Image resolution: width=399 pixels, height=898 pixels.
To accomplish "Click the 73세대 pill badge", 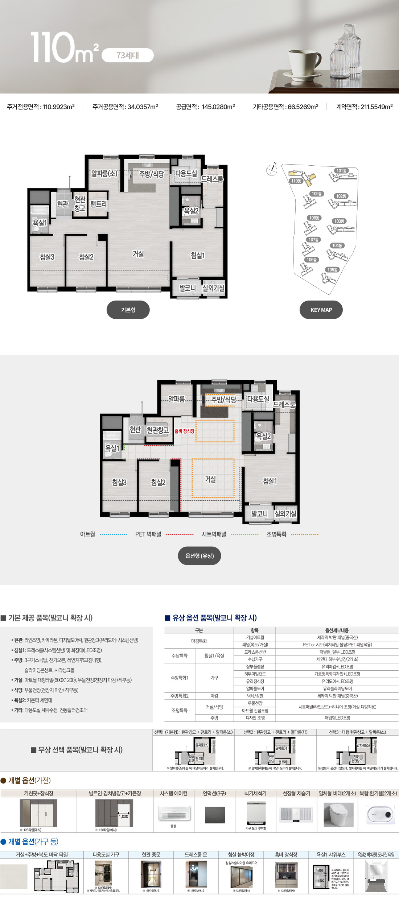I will pos(128,55).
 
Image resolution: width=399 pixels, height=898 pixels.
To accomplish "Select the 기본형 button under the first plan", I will pos(128,310).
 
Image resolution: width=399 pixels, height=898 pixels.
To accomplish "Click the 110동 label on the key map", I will pos(296,181).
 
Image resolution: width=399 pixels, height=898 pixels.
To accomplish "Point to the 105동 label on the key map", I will pos(332,270).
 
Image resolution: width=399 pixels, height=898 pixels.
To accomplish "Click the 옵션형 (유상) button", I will pos(199,556).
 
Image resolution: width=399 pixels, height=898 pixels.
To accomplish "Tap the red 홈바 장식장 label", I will pos(184,431).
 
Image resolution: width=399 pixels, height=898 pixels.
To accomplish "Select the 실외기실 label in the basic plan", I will pos(213,288).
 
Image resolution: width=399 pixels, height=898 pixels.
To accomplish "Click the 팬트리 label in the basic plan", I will pos(98,204).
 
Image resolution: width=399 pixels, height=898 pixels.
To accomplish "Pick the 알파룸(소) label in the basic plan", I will pos(104,174).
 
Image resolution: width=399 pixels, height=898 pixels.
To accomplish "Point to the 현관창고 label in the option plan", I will pos(158,430).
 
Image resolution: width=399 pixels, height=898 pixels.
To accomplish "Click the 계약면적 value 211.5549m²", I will pos(376,107).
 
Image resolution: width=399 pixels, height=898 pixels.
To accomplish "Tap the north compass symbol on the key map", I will pos(271,170).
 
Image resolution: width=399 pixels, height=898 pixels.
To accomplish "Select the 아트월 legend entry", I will pos(87,534).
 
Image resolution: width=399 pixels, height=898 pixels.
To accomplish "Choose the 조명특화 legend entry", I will pos(276,534).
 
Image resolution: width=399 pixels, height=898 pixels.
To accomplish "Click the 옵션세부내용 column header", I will pos(337,630).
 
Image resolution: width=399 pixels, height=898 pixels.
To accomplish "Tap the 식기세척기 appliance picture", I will pos(256,812).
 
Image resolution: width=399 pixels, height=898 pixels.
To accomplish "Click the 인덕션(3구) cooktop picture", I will pos(215,815).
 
